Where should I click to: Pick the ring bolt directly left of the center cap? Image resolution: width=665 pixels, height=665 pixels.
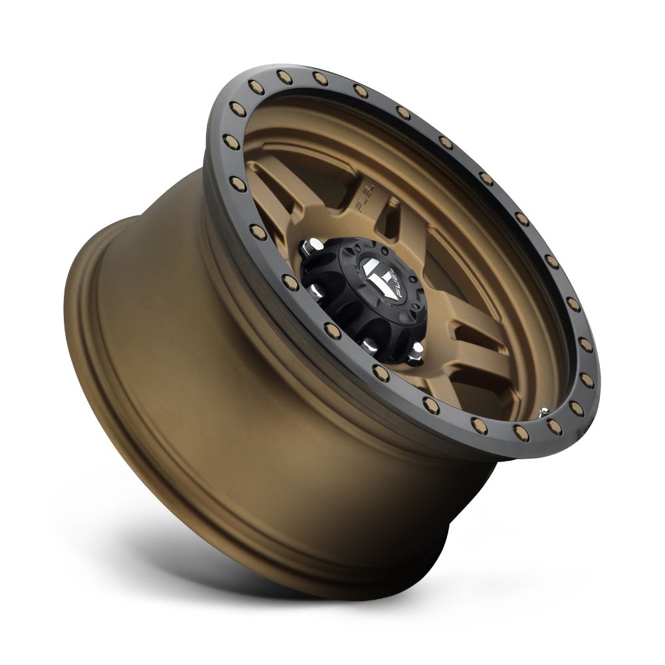pyautogui.click(x=286, y=279)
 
